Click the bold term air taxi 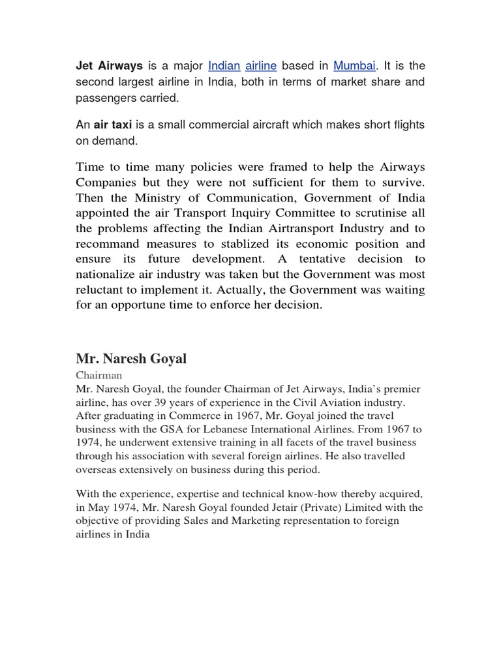(112, 125)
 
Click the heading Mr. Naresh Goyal (131, 359)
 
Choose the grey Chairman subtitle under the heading (99, 376)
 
